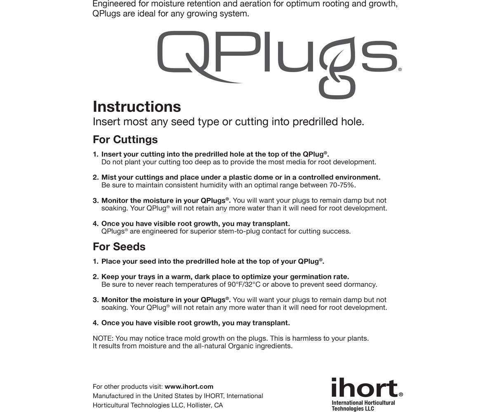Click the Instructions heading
tap(137, 107)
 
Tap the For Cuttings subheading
tap(125, 140)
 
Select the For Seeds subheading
tap(119, 247)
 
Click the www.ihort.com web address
tap(189, 386)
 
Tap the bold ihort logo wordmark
tap(365, 389)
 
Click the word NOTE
tap(103, 338)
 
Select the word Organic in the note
tap(240, 346)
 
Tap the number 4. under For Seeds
tap(95, 323)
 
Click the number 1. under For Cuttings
tap(95, 154)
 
